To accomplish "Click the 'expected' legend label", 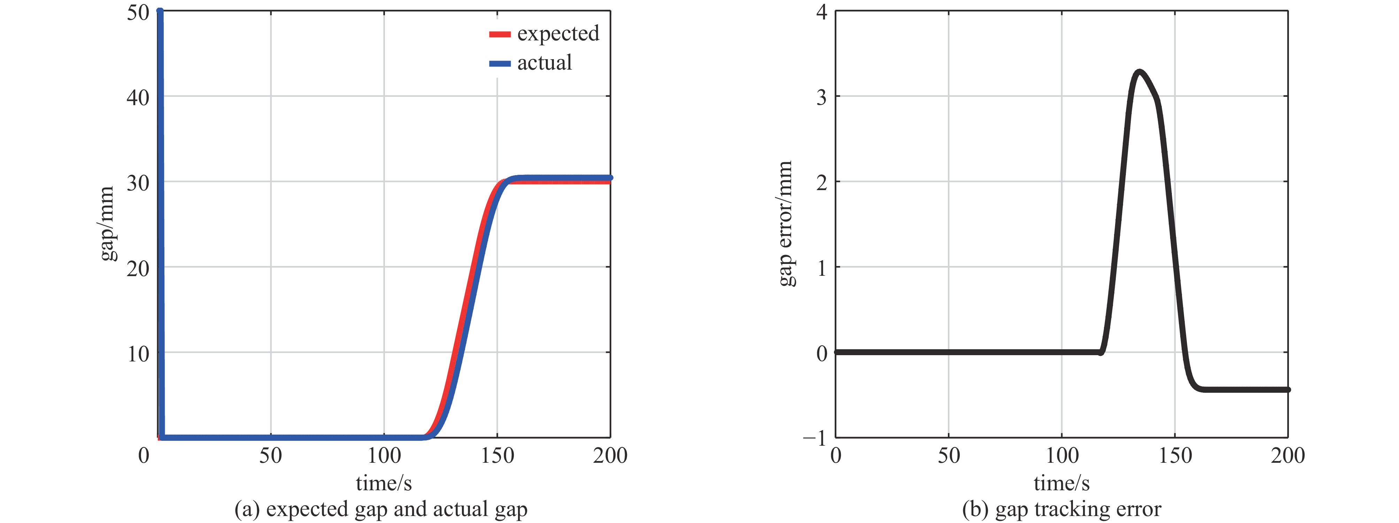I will pyautogui.click(x=558, y=34).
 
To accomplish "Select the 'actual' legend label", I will pyautogui.click(x=544, y=63).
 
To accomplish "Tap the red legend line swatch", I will pyautogui.click(x=500, y=34).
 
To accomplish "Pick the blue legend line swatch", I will pyautogui.click(x=500, y=63).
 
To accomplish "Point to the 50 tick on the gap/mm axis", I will pyautogui.click(x=138, y=12).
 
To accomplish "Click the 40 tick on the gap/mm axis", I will pyautogui.click(x=138, y=98).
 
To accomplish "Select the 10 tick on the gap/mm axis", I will pyautogui.click(x=138, y=354).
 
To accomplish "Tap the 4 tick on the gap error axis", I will pyautogui.click(x=822, y=12).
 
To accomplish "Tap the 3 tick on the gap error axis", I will pyautogui.click(x=822, y=98).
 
